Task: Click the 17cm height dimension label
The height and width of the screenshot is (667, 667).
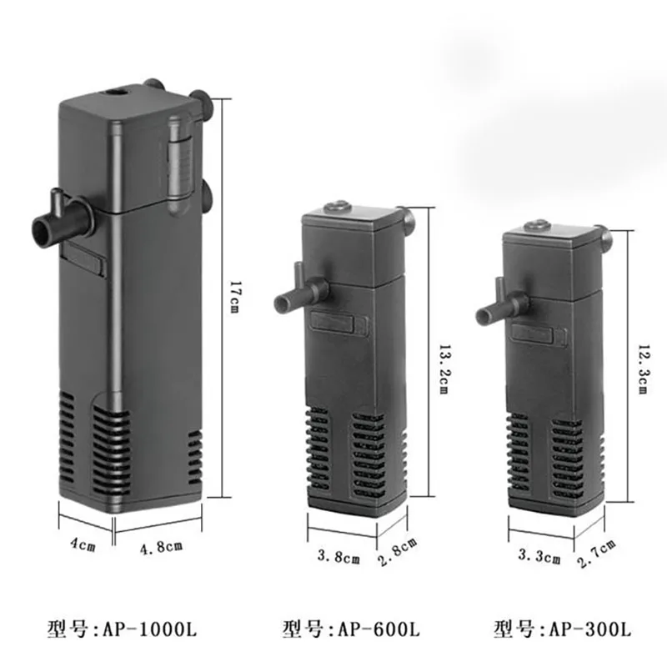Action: (x=233, y=297)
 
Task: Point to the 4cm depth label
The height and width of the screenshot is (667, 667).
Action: (x=83, y=544)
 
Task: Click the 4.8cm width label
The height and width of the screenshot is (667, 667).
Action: (x=161, y=546)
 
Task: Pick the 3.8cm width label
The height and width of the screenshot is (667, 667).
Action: (x=339, y=556)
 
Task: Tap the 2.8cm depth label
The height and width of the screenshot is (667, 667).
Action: (x=398, y=552)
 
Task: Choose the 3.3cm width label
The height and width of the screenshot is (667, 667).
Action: (x=539, y=555)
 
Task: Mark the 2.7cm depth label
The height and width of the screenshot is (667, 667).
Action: (x=596, y=554)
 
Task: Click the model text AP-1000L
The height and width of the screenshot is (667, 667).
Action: (x=150, y=629)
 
